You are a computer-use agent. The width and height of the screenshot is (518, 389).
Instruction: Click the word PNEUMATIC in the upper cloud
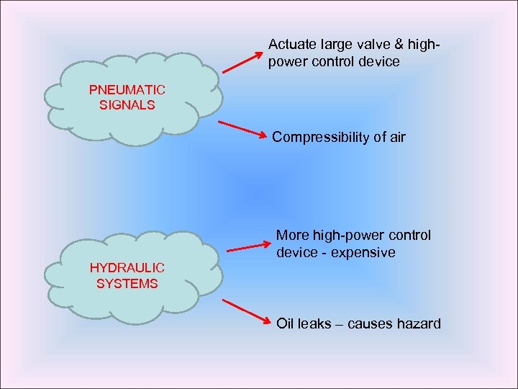(127, 90)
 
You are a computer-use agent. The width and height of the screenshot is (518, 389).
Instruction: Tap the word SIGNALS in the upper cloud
(127, 104)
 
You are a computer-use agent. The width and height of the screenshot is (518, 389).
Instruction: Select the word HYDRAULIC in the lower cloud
(127, 268)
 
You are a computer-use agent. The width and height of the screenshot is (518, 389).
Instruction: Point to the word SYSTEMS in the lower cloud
(127, 283)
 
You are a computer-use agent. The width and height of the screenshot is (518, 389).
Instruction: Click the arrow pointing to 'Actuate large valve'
(241, 61)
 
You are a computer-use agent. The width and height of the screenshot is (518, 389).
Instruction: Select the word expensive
(364, 253)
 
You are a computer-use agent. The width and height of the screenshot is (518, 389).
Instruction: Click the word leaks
(317, 323)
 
